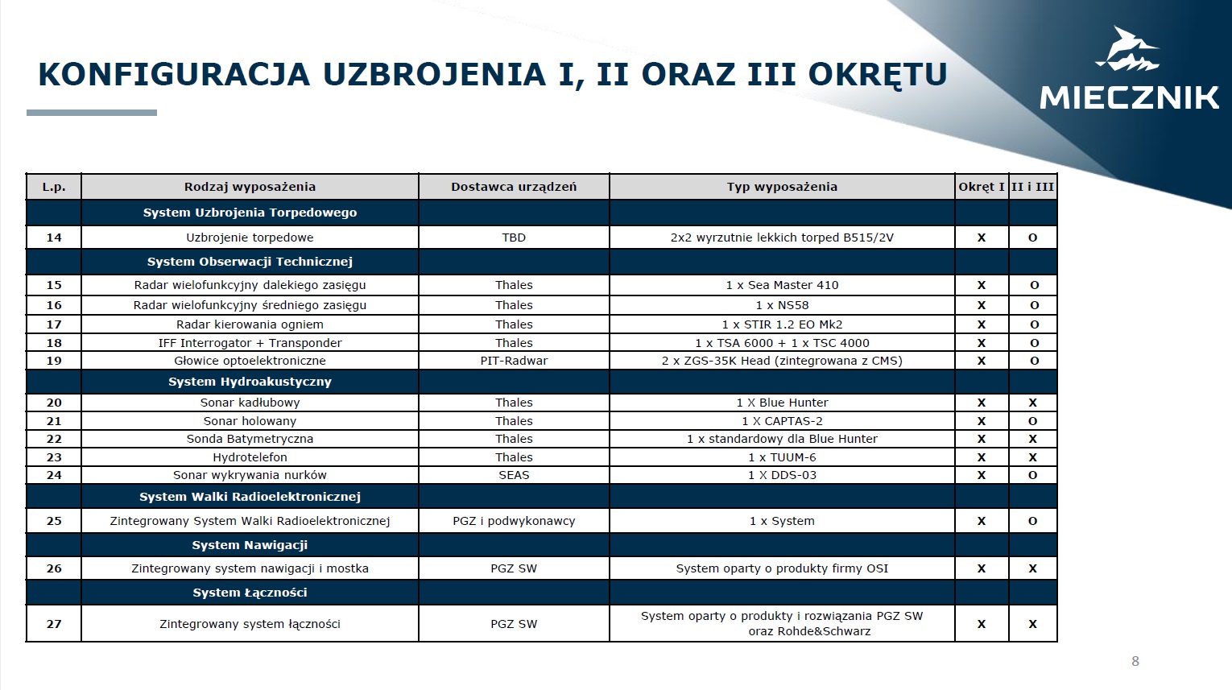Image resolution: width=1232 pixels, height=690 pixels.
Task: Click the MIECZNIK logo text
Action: coord(1129,97)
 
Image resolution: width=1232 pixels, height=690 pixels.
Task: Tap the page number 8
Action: coord(1135,662)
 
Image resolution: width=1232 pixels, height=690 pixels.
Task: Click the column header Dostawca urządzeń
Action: coord(514,187)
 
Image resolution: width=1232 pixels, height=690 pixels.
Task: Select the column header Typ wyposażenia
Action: coord(782,187)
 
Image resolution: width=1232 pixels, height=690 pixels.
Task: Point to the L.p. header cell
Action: coord(54,187)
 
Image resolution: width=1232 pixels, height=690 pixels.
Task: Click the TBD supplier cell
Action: coord(514,238)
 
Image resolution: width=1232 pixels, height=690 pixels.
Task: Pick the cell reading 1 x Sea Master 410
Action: coord(782,285)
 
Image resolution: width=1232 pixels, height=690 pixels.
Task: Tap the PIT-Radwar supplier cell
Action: coord(514,361)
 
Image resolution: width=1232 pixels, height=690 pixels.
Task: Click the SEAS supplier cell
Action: coord(514,475)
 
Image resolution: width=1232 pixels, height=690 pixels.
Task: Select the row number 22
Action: coord(54,439)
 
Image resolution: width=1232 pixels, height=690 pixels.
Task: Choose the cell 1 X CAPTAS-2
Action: coord(782,421)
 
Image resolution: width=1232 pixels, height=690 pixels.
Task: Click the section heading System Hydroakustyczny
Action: coord(250,382)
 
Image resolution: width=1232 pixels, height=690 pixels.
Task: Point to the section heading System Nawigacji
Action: coord(250,545)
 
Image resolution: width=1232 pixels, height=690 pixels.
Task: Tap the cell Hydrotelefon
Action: coord(250,457)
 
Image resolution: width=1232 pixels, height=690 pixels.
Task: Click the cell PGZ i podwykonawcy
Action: coord(514,521)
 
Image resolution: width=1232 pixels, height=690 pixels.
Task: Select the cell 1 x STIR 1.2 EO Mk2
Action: coord(782,324)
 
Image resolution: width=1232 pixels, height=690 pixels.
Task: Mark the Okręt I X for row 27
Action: coord(981,624)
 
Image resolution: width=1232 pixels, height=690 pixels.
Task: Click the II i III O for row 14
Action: coord(1032,238)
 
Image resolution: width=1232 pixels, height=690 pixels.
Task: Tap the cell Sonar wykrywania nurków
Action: coord(250,475)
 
